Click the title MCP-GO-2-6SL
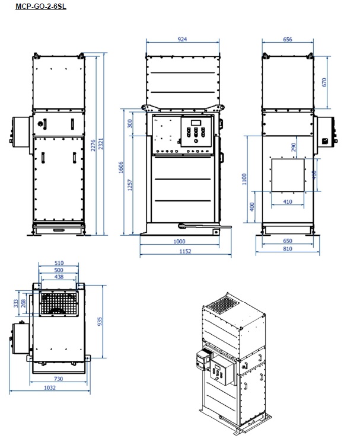(41, 6)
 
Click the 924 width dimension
(182, 39)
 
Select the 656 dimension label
(288, 39)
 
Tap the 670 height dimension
(324, 82)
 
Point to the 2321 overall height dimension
(101, 144)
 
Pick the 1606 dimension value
(121, 167)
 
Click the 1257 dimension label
(130, 185)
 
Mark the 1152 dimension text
(186, 251)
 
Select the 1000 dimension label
(180, 241)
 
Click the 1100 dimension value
(244, 180)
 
